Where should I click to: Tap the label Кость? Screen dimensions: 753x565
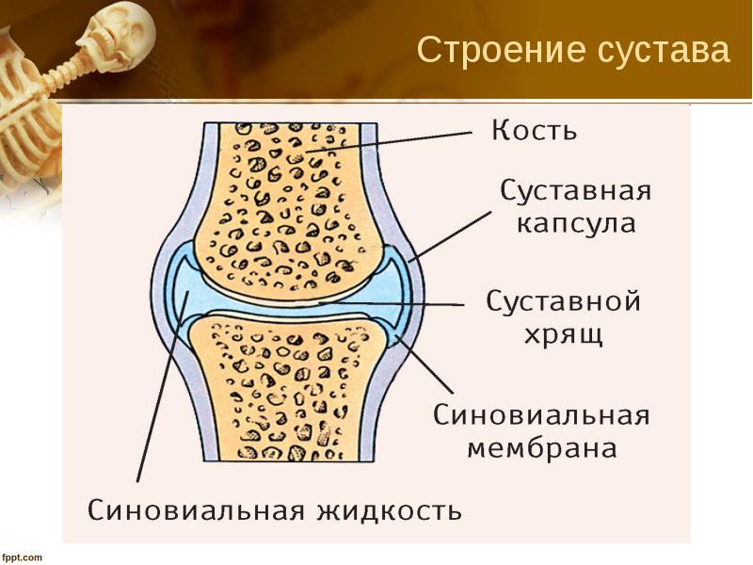coord(534,129)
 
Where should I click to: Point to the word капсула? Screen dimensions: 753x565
coord(576,225)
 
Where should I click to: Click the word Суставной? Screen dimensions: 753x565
coord(563,301)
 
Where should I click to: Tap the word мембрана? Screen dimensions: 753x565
coord(542,448)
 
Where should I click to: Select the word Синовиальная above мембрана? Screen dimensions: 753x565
coord(541,415)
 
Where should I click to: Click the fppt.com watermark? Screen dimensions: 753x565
coord(22,557)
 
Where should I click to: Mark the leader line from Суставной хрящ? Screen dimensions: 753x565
coord(395,304)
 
